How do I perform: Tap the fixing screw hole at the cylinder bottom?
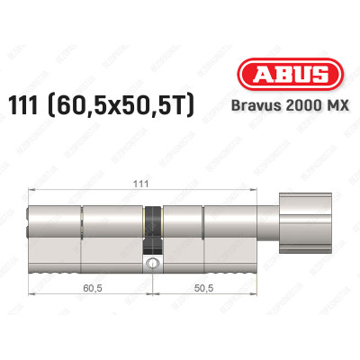click(153, 265)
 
